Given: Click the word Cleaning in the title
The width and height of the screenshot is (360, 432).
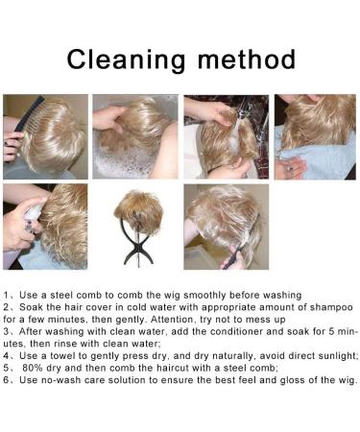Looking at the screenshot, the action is pos(126,60).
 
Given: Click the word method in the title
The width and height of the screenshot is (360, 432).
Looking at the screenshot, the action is pos(247,60).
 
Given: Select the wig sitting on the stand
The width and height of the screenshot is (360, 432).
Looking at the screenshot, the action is pos(139,206).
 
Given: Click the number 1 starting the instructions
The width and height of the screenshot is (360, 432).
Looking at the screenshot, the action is pos(6,295).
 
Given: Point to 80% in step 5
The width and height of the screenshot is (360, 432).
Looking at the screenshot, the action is pos(33,368).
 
